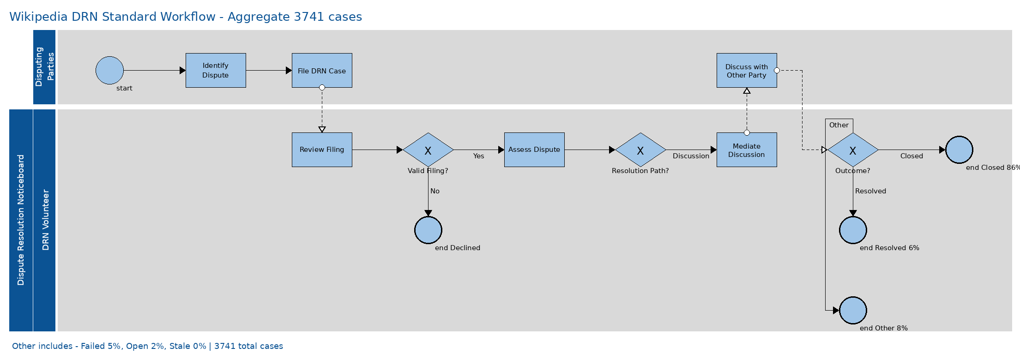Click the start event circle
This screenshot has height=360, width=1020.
(x=109, y=70)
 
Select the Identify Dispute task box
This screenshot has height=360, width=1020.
(x=216, y=70)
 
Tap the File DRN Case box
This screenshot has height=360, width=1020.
(x=322, y=70)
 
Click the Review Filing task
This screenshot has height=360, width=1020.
(x=322, y=150)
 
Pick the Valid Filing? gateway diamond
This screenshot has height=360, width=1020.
(x=428, y=150)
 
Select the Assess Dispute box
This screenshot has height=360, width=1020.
(x=534, y=150)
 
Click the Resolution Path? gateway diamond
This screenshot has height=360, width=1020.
(x=640, y=150)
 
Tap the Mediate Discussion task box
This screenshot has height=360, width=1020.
(x=747, y=150)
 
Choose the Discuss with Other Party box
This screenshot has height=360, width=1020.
(x=747, y=70)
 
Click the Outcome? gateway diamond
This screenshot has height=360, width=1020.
(x=853, y=150)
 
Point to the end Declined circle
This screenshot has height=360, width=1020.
(x=428, y=230)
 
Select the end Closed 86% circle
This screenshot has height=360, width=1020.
(x=959, y=150)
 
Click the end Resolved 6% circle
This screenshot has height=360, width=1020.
(x=853, y=230)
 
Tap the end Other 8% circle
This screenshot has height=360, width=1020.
(x=853, y=310)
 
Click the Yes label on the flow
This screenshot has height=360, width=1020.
(x=478, y=156)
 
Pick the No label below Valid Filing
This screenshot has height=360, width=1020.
(x=435, y=191)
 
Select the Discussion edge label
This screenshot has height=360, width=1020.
(x=691, y=156)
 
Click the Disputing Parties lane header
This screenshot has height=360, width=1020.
(x=44, y=67)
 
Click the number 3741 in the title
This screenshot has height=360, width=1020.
(x=309, y=17)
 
